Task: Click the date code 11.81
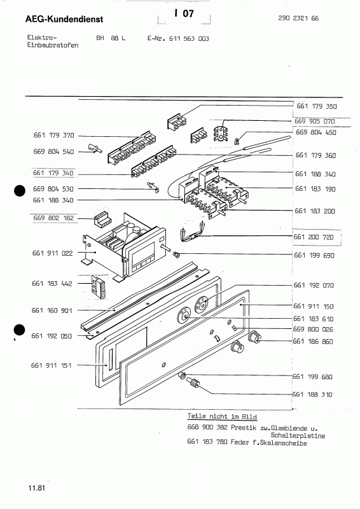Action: [x=36, y=489]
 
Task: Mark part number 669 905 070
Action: [x=315, y=120]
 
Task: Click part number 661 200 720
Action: [x=315, y=237]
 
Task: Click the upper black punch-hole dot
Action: [x=20, y=190]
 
